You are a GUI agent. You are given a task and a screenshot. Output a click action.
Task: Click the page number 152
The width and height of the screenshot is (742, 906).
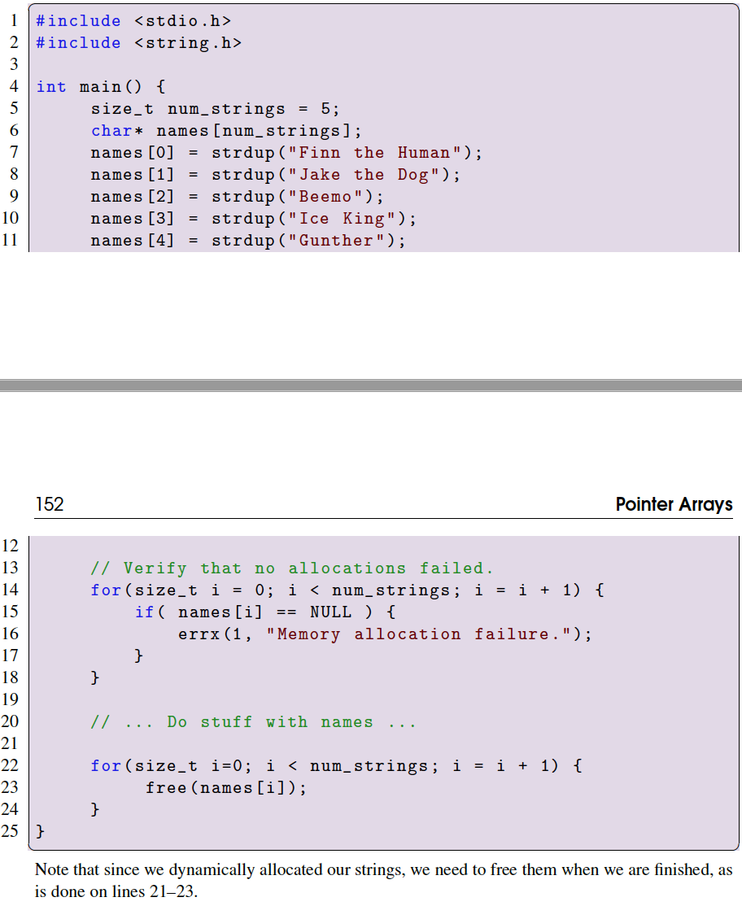(x=50, y=504)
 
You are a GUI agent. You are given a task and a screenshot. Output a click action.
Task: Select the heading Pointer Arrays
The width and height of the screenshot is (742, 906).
(x=674, y=504)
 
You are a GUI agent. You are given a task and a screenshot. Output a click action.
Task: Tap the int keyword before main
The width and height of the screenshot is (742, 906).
(x=51, y=87)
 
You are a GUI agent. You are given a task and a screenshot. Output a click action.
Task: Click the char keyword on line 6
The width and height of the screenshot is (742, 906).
(x=107, y=131)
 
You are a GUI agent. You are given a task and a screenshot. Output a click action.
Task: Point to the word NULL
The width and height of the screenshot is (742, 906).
(x=330, y=612)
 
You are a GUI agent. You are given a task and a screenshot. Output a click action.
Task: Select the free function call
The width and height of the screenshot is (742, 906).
(x=167, y=787)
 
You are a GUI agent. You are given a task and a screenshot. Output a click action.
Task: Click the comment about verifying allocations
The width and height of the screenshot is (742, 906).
(x=292, y=568)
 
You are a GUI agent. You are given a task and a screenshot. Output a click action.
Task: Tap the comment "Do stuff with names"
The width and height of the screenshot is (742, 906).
(x=254, y=722)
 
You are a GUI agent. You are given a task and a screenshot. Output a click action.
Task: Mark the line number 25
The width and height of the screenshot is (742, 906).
(x=11, y=831)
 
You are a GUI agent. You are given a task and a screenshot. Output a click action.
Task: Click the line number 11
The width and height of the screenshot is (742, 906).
(x=11, y=241)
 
